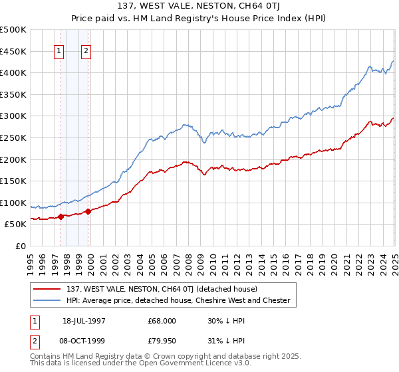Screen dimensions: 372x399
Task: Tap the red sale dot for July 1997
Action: [61, 217]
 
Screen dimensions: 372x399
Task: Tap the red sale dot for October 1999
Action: [88, 211]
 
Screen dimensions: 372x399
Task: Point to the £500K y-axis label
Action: [13, 30]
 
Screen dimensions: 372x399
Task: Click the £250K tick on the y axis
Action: [13, 138]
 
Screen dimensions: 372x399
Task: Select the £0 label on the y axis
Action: [20, 246]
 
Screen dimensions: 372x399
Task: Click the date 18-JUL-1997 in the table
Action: [85, 320]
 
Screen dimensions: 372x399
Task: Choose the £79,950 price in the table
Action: [162, 343]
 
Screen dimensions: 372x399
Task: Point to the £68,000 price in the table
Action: [162, 320]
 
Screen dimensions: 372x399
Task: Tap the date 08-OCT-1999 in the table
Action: [85, 343]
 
